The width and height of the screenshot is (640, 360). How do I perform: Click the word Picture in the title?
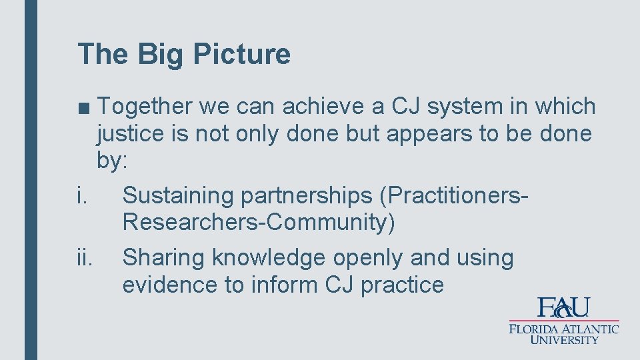tap(241, 54)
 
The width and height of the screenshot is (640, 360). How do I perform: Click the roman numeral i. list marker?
tap(82, 195)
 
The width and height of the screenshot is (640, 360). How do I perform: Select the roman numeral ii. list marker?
tap(85, 257)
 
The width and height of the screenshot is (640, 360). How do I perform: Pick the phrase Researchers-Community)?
tap(259, 223)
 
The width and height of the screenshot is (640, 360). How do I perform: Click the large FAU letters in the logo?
tap(564, 307)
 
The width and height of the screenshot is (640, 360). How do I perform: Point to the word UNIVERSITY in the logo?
tap(564, 339)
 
